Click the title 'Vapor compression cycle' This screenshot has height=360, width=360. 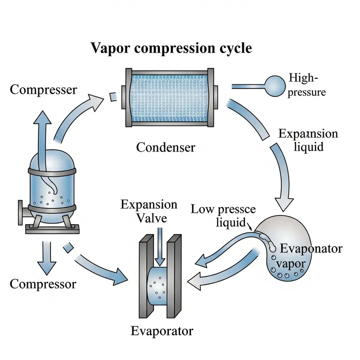(x=171, y=48)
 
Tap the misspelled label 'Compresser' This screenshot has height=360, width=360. (x=43, y=89)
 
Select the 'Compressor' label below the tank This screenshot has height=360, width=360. (x=43, y=284)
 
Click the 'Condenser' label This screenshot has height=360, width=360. (x=166, y=147)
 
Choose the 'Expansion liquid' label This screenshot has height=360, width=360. (x=308, y=140)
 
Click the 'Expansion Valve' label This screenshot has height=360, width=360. (x=149, y=211)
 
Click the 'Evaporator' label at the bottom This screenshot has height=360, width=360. (x=162, y=331)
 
